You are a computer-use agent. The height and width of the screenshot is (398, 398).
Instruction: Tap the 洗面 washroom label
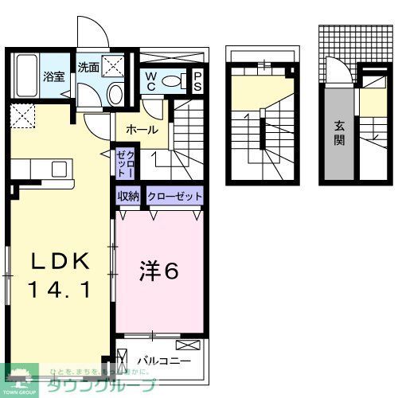(x=88, y=68)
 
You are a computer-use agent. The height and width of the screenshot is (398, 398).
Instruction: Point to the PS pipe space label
(x=197, y=80)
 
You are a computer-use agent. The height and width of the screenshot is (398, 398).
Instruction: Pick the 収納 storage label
(x=130, y=196)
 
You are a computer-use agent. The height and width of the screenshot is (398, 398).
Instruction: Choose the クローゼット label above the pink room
(x=174, y=196)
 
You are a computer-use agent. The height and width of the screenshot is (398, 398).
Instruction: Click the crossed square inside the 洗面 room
(x=119, y=66)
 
